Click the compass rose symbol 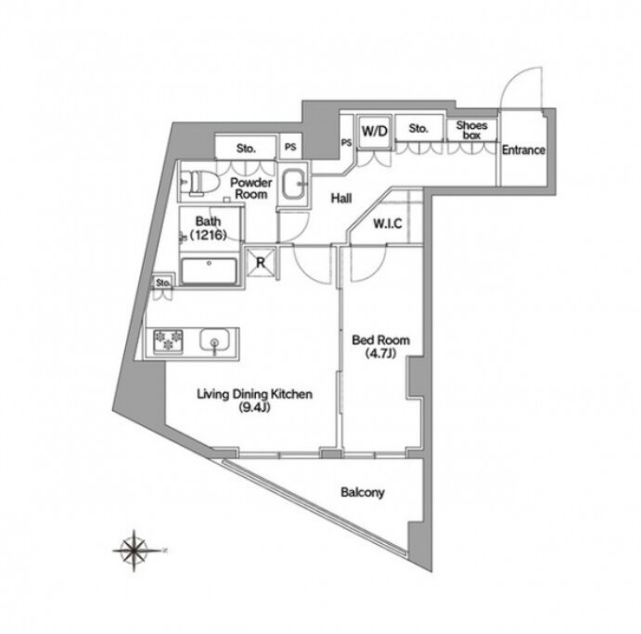pos(135,550)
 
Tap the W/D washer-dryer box pos(375,131)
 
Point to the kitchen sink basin pos(214,341)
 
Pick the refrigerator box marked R pos(261,262)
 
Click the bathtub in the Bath pos(209,271)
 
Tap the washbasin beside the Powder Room pos(293,184)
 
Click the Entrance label pos(523,150)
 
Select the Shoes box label pos(472,130)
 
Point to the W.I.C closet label pos(388,224)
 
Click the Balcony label pos(363,492)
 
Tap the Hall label pos(341,199)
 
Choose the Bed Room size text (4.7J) pos(380,353)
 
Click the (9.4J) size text pos(255,408)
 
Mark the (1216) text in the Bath pos(208,235)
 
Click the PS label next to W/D pos(346,142)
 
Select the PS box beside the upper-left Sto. pos(290,147)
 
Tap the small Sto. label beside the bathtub pos(163,282)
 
